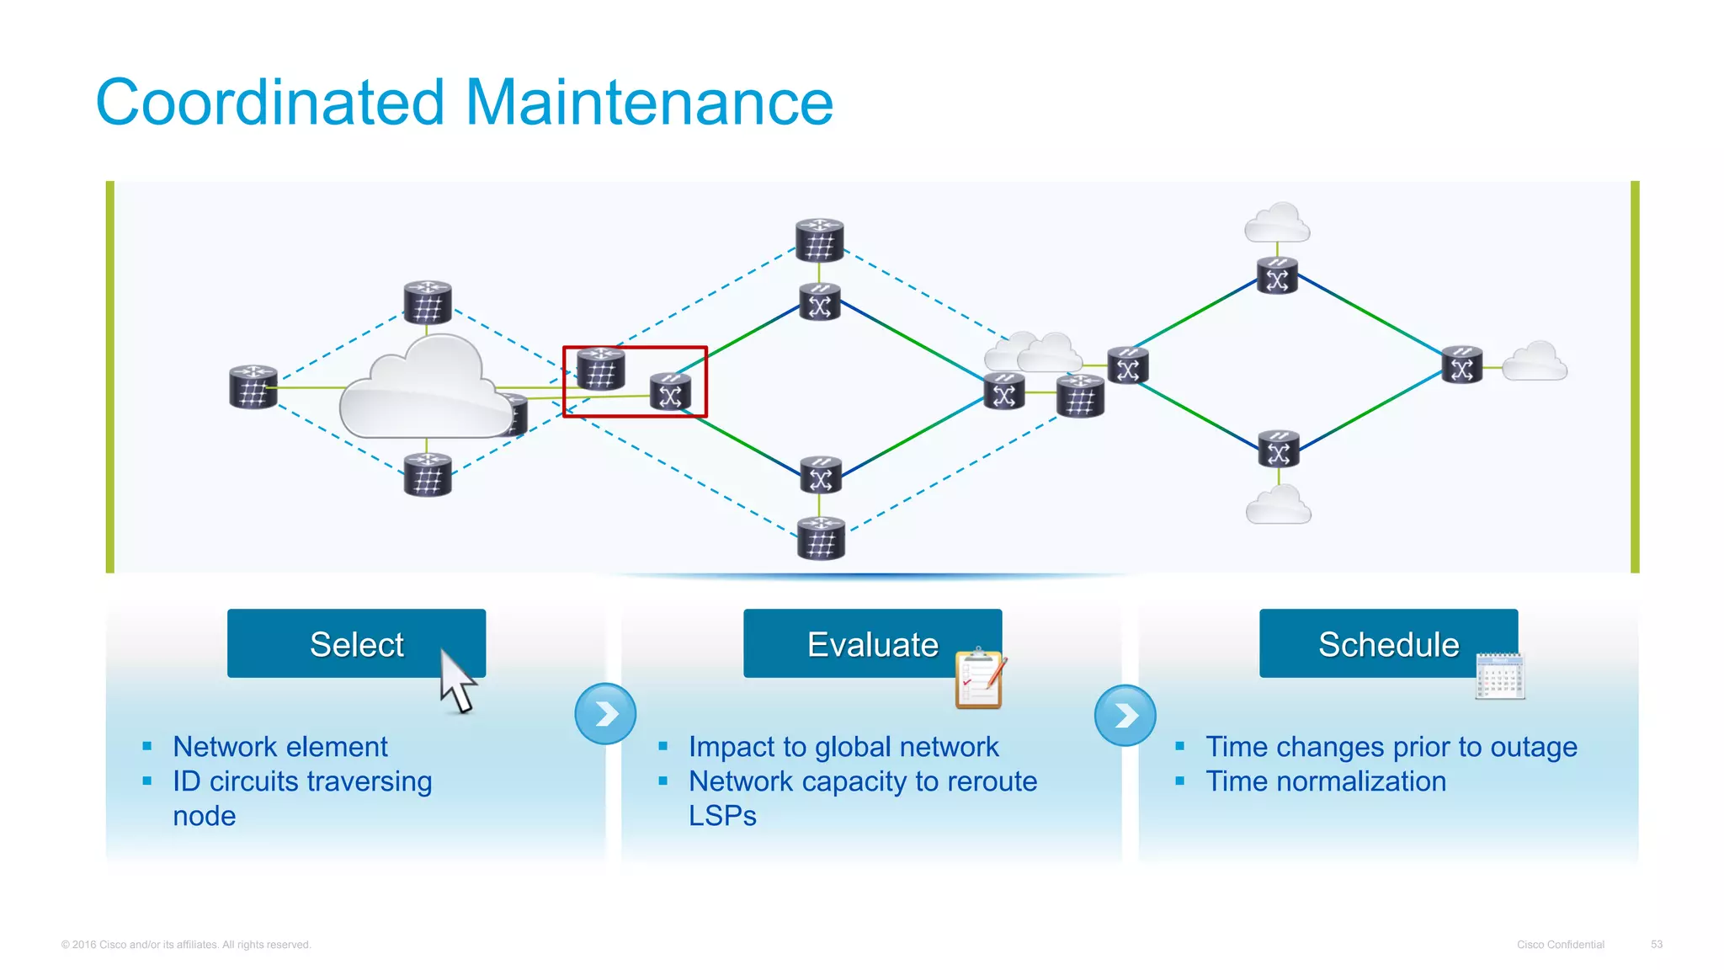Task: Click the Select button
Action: [x=356, y=644]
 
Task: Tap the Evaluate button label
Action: [x=872, y=644]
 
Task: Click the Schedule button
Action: [x=1388, y=644]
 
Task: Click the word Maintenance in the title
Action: [x=648, y=103]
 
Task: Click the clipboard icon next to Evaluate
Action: [x=980, y=679]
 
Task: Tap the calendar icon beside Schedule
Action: [x=1500, y=676]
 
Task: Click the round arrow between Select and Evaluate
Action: [x=605, y=714]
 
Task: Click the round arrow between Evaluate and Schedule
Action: [x=1125, y=716]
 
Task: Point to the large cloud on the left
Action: [x=421, y=392]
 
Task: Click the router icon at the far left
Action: [x=253, y=387]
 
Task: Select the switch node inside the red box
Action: [x=671, y=392]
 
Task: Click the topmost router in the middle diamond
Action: [x=819, y=240]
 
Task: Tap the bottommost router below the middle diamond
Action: [x=821, y=539]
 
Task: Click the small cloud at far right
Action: [x=1535, y=363]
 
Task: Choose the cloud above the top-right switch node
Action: [x=1277, y=224]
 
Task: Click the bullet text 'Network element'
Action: [x=279, y=747]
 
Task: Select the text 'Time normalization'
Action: [x=1325, y=781]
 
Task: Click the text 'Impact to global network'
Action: [x=843, y=747]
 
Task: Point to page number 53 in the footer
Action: [x=1656, y=944]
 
